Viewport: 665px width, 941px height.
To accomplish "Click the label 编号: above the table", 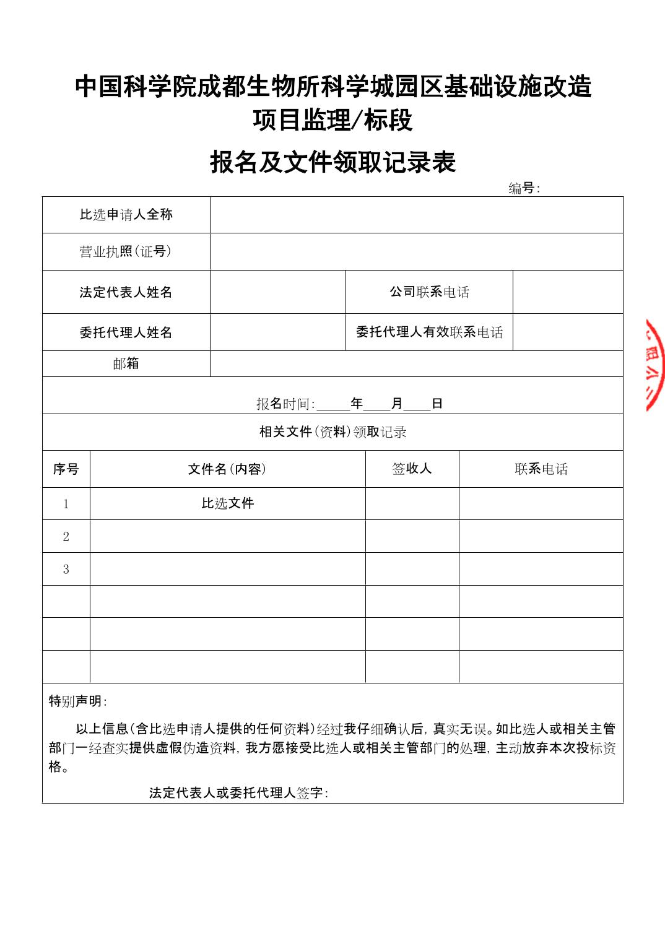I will [524, 188].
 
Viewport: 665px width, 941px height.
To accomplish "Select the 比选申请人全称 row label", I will [126, 215].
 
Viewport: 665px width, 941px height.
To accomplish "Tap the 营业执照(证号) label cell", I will [126, 251].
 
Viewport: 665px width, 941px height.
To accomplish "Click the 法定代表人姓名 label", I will [126, 292].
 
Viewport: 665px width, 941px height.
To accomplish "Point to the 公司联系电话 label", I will [429, 292].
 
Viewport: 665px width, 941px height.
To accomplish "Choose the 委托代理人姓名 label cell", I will [126, 332].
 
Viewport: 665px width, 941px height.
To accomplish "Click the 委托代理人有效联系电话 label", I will [429, 332].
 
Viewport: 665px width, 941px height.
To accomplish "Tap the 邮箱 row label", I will [126, 363].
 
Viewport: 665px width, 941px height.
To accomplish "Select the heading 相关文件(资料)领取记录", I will [332, 432].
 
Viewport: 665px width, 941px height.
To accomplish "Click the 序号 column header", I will [66, 469].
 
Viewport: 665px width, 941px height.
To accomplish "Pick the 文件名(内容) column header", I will [227, 469].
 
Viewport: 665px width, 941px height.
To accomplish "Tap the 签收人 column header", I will [412, 469].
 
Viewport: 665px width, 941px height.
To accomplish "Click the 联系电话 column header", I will [541, 469].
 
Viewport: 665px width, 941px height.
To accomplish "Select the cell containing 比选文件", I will [227, 503].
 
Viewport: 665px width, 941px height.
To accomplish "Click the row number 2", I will [66, 537].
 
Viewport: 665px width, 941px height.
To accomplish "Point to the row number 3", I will [66, 570].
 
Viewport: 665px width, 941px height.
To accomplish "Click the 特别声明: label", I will [78, 701].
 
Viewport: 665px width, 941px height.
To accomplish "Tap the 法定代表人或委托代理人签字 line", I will [238, 793].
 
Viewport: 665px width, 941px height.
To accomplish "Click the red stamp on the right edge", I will [654, 365].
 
